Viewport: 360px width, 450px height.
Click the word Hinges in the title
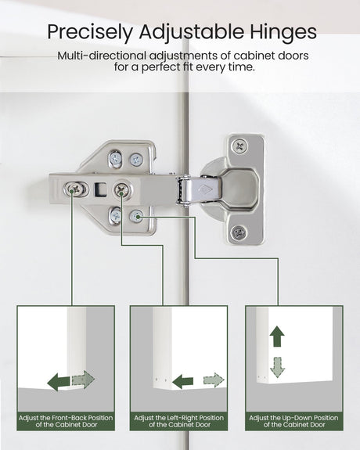pos(283,33)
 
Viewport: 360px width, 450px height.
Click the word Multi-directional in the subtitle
pos(102,56)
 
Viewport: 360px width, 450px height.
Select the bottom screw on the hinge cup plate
pos(239,232)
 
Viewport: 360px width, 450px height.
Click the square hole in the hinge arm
pos(100,189)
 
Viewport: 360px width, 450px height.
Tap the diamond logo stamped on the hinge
pos(205,189)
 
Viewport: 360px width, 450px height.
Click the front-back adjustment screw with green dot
pos(74,189)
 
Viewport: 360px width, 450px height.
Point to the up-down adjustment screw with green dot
pos(136,216)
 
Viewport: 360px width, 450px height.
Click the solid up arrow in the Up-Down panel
pos(277,336)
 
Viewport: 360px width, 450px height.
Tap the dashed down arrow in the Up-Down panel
pos(277,367)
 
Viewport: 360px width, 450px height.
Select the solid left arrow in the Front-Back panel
pos(59,382)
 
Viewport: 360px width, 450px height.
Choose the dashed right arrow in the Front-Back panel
pos(83,380)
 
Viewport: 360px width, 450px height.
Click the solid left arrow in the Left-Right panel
pos(183,381)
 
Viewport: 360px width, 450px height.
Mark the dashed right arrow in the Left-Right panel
pos(214,380)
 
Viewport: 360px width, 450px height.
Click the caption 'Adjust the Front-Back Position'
pos(66,418)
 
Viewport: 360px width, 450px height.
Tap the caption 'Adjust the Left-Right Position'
pos(179,418)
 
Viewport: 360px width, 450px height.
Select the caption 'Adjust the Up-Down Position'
pos(293,418)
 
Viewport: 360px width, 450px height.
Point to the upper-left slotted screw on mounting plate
pos(115,158)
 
